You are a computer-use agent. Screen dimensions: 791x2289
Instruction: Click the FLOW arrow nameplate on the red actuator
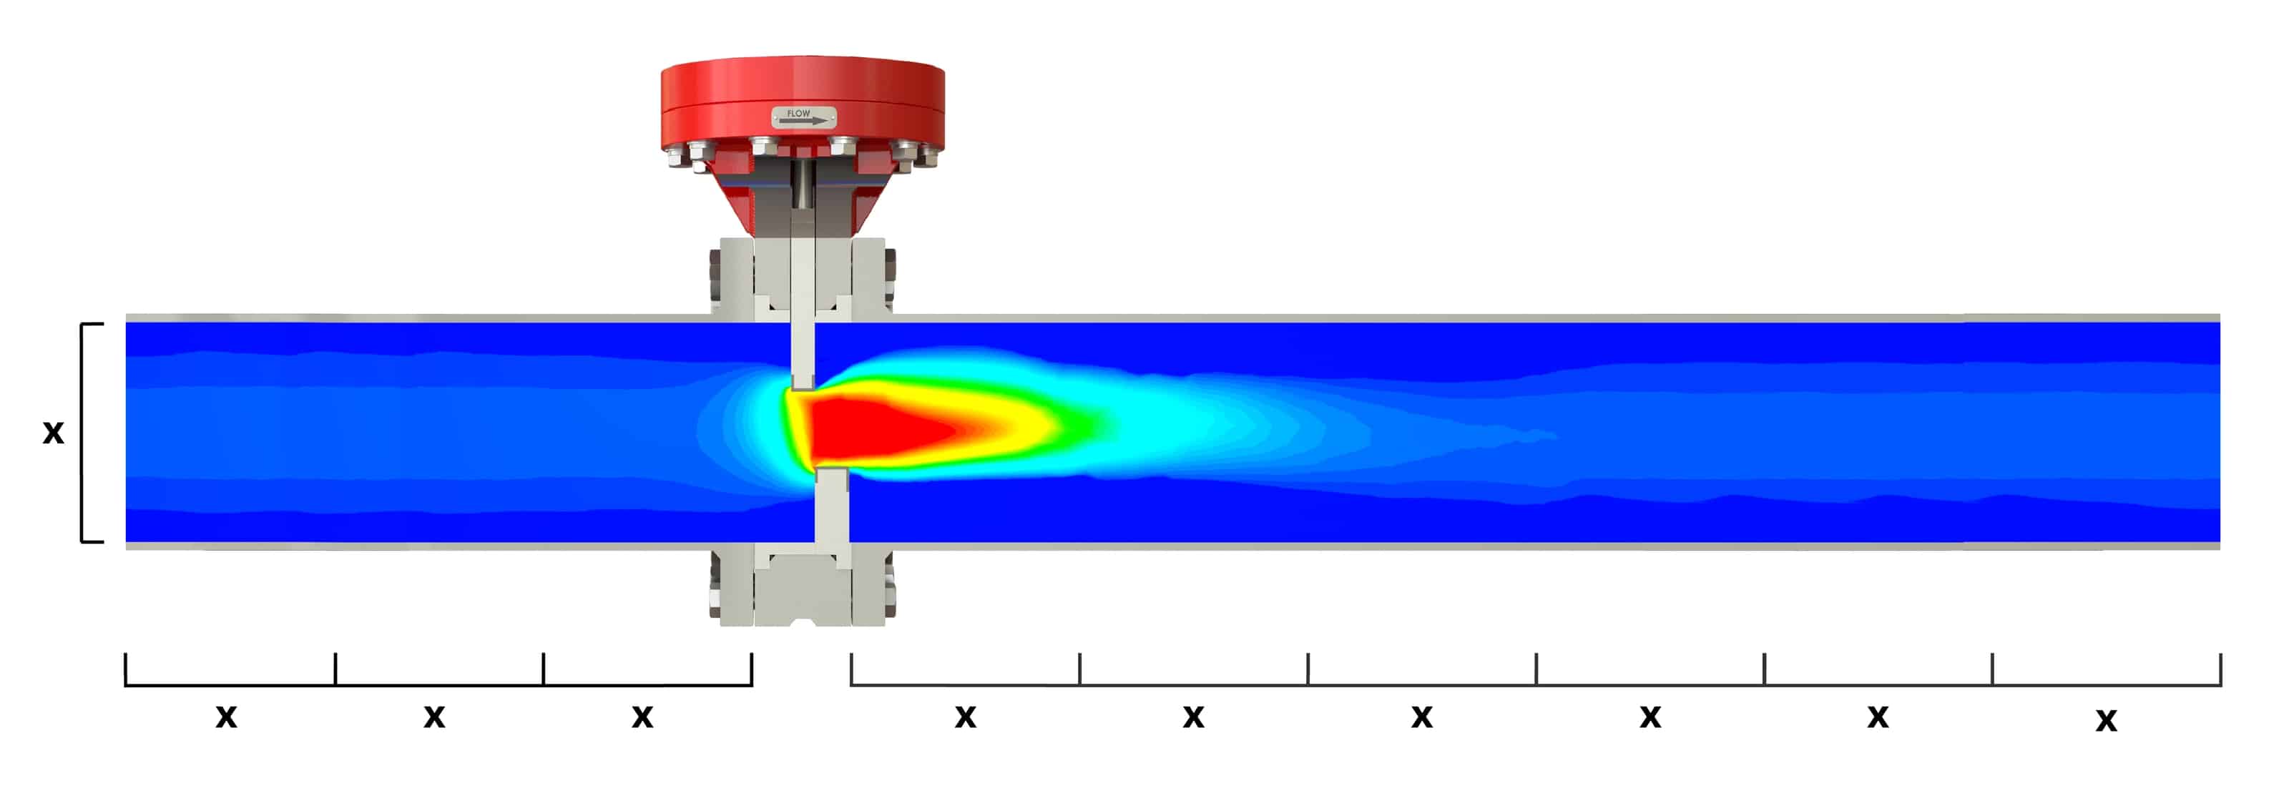pyautogui.click(x=803, y=117)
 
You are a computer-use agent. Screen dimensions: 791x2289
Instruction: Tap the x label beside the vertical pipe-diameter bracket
pyautogui.click(x=54, y=432)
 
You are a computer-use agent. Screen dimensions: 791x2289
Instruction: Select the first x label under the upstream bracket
pyautogui.click(x=227, y=715)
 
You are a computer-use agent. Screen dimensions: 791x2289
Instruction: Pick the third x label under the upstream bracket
pyautogui.click(x=642, y=715)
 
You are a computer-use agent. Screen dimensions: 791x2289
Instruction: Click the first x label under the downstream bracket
pyautogui.click(x=966, y=715)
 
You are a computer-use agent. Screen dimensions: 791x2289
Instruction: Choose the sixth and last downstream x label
pyautogui.click(x=2106, y=719)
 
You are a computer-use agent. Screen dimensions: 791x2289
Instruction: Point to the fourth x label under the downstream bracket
pyautogui.click(x=1650, y=715)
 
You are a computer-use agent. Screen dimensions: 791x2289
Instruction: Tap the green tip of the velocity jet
pyautogui.click(x=1089, y=425)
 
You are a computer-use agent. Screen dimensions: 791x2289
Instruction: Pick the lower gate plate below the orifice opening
pyautogui.click(x=832, y=506)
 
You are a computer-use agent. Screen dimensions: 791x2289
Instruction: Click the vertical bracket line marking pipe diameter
pyautogui.click(x=82, y=432)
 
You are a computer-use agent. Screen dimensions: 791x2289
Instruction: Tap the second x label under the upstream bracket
pyautogui.click(x=433, y=715)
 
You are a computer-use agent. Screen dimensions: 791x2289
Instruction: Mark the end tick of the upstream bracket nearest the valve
pyautogui.click(x=752, y=669)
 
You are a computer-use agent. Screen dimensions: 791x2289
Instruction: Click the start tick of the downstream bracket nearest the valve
pyautogui.click(x=851, y=669)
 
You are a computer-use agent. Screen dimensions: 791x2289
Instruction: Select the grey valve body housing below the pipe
pyautogui.click(x=803, y=591)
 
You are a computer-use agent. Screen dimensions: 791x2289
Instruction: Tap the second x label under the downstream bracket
pyautogui.click(x=1193, y=715)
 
